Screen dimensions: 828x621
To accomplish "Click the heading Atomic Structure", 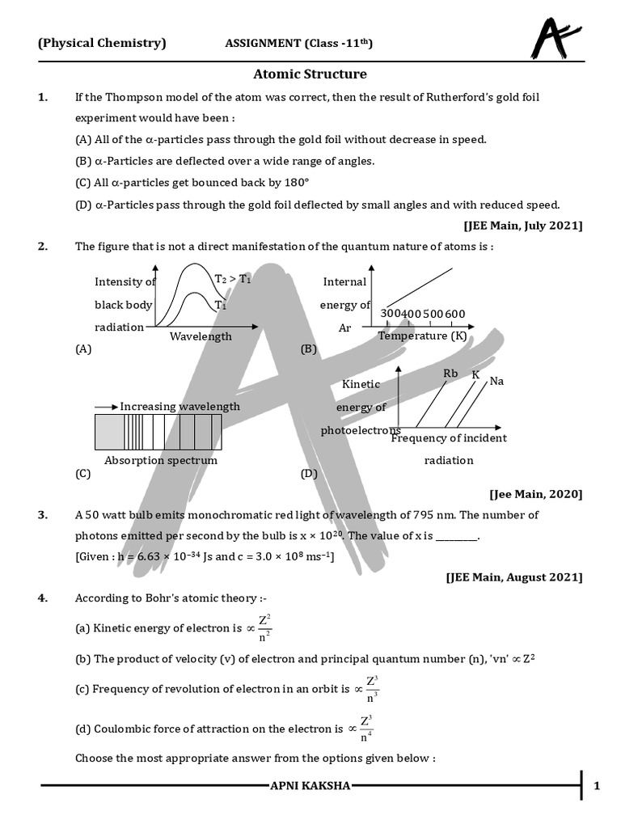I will (310, 74).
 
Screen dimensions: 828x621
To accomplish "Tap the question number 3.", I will (42, 515).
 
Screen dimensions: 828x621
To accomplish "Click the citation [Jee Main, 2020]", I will (535, 493).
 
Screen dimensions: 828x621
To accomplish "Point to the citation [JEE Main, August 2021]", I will (513, 577).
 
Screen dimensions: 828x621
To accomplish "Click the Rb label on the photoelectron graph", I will (450, 374).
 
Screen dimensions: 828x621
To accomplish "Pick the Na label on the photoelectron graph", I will (496, 381).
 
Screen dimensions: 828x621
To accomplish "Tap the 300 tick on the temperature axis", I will (391, 314).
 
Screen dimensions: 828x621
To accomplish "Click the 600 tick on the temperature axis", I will (454, 314).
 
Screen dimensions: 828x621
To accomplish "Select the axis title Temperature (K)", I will (422, 336).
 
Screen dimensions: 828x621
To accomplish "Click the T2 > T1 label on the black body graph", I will (232, 279).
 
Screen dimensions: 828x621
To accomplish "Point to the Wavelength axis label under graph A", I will (201, 336).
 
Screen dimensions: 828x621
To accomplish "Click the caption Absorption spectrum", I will (161, 460).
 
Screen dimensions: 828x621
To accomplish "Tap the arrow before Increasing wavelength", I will (106, 407).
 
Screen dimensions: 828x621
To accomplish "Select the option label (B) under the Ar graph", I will (308, 349).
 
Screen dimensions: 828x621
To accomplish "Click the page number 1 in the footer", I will (597, 785).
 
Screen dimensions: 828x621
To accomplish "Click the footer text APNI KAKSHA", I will (310, 785).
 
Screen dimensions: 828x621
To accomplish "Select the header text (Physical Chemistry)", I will (102, 44).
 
